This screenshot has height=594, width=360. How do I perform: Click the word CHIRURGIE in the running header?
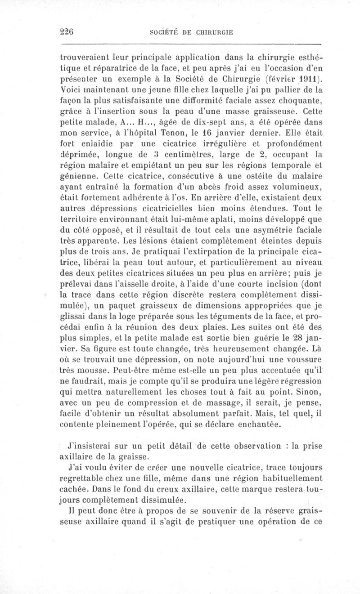click(x=211, y=33)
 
